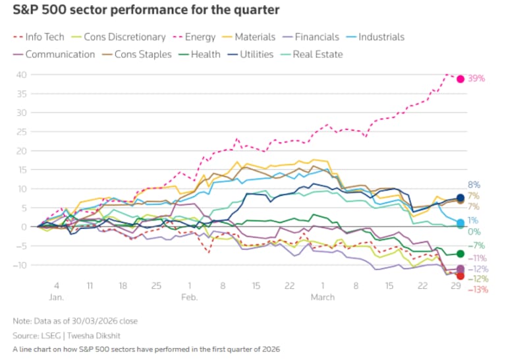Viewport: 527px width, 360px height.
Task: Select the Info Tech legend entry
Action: [x=44, y=37]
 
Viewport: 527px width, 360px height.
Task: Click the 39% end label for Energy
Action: [x=476, y=78]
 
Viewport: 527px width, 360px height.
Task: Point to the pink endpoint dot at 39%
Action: [x=460, y=78]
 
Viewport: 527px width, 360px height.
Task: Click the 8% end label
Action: [x=474, y=185]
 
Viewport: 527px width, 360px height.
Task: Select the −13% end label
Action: [x=478, y=289]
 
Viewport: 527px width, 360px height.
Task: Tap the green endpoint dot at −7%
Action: [x=460, y=254]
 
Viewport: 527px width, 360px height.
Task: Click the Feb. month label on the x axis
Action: [x=189, y=297]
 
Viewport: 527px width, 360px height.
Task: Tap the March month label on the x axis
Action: [x=323, y=297]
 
